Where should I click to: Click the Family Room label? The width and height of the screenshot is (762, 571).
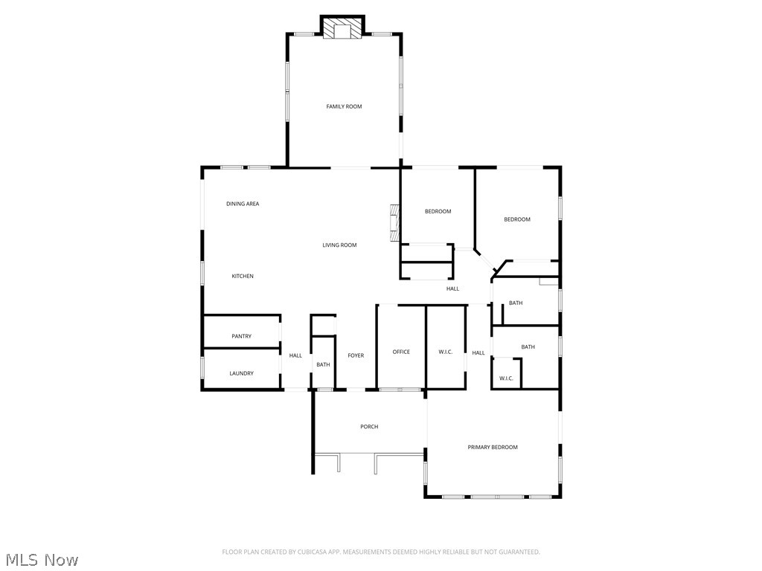coord(344,106)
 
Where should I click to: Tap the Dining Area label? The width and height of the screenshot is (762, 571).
coord(243,204)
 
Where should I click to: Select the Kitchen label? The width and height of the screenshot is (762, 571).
coord(243,276)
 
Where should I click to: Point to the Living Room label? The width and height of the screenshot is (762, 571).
coord(339,245)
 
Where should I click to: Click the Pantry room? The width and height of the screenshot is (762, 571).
coord(241,336)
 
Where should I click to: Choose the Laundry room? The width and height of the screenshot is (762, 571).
coord(241,373)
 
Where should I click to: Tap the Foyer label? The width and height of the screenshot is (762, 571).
coord(356,355)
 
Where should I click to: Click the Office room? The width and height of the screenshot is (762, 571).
coord(401,352)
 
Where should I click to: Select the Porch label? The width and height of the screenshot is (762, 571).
coord(369,427)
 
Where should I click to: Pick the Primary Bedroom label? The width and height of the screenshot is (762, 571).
coord(493,447)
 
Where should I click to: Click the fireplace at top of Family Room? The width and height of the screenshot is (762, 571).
coord(343,28)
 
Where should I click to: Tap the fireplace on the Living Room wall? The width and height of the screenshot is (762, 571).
coord(394,222)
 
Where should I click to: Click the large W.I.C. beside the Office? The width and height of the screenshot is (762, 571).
coord(446,352)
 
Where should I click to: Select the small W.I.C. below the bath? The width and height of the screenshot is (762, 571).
coord(506,378)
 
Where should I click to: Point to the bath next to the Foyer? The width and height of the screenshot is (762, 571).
coord(323,364)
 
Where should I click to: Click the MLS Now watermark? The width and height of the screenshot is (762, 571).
coord(42,559)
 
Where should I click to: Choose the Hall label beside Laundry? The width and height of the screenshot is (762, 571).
coord(295,355)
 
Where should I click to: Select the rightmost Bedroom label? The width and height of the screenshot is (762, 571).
coord(517,219)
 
